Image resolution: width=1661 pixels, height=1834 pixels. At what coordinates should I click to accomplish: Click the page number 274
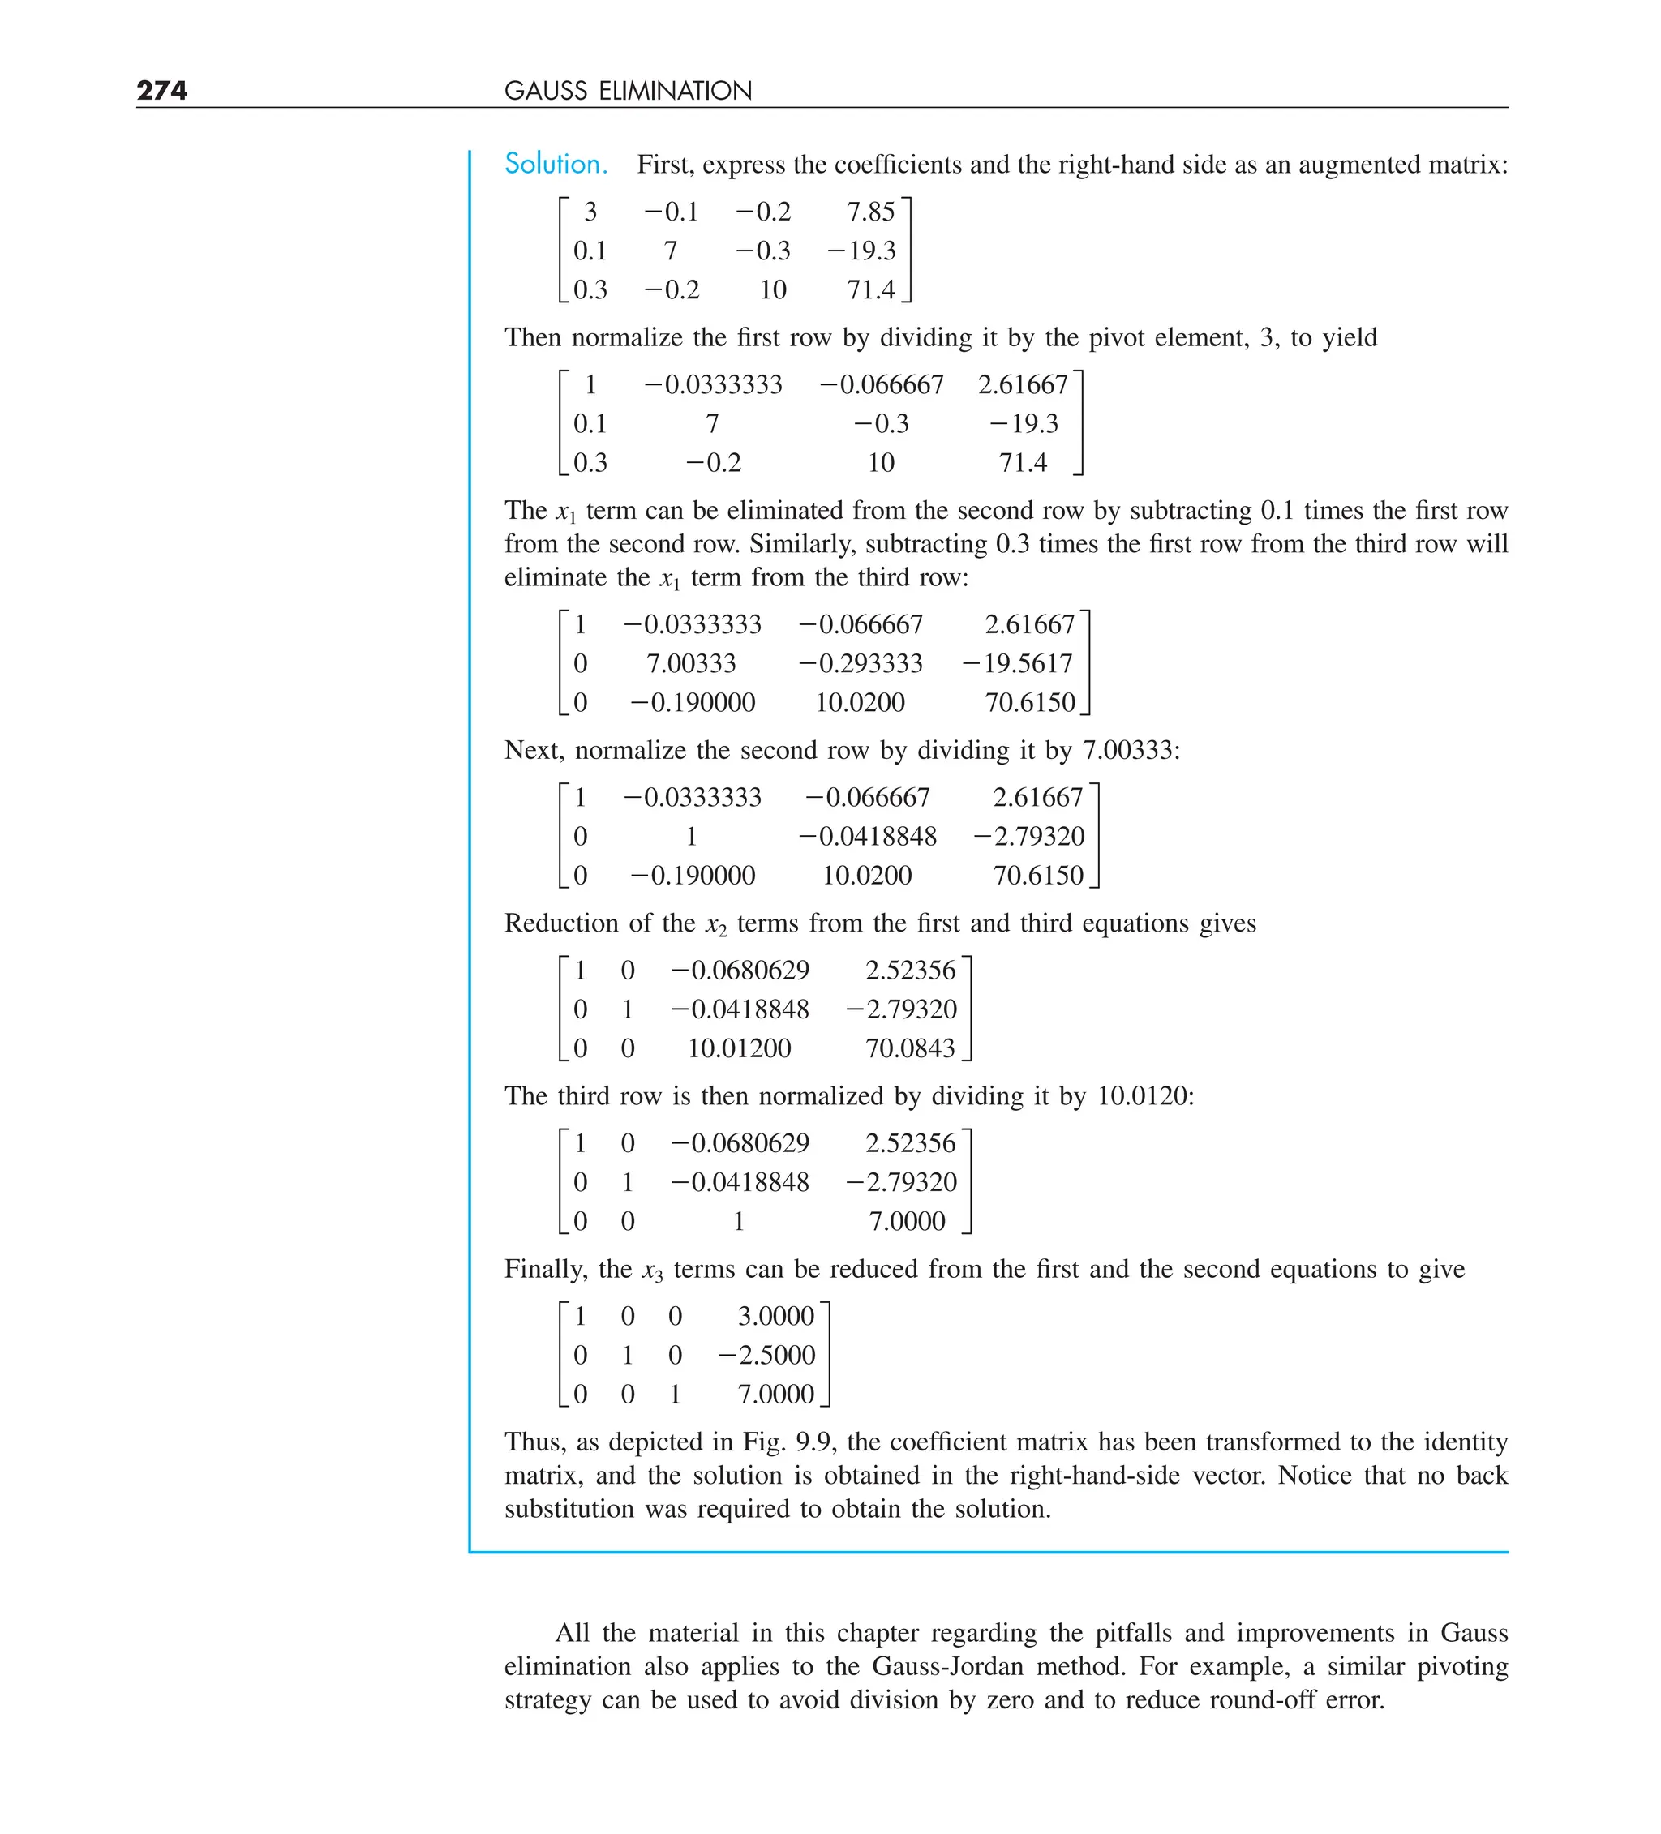pos(162,90)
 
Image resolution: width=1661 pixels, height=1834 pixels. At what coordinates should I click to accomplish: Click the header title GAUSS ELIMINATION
pos(627,91)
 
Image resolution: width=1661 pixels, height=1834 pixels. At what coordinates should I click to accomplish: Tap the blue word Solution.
pos(556,164)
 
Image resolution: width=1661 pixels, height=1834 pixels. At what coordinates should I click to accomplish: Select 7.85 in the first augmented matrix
pos(870,212)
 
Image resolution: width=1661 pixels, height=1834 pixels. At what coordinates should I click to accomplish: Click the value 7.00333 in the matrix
pos(691,663)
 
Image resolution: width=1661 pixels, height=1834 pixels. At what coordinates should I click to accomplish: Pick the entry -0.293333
pos(860,663)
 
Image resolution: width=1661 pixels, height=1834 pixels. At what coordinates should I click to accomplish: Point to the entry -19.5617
pos(1018,663)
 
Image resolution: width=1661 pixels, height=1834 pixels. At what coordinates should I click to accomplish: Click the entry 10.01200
pos(738,1048)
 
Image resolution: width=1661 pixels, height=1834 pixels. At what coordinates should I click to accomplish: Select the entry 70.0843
pos(909,1048)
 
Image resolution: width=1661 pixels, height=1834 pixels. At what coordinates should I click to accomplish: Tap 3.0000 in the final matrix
pos(775,1315)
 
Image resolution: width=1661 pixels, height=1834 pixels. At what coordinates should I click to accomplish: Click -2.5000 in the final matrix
pos(767,1355)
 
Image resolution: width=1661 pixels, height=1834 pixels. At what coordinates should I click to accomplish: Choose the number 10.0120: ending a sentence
pos(1145,1096)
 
